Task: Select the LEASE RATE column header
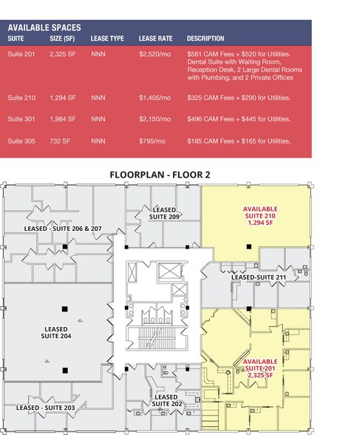coord(154,38)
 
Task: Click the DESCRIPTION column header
coord(206,38)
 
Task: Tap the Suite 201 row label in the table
coord(22,55)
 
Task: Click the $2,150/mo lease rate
coord(154,119)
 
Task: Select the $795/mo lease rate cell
coord(152,141)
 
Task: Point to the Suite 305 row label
coord(22,141)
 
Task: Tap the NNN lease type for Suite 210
coord(98,97)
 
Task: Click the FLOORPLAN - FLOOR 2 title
coord(160,175)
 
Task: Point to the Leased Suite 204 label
coord(55,332)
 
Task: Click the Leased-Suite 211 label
coord(259,277)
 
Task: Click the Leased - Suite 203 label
coord(45,408)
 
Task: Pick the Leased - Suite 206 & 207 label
coord(63,229)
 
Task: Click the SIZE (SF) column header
coord(63,38)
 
